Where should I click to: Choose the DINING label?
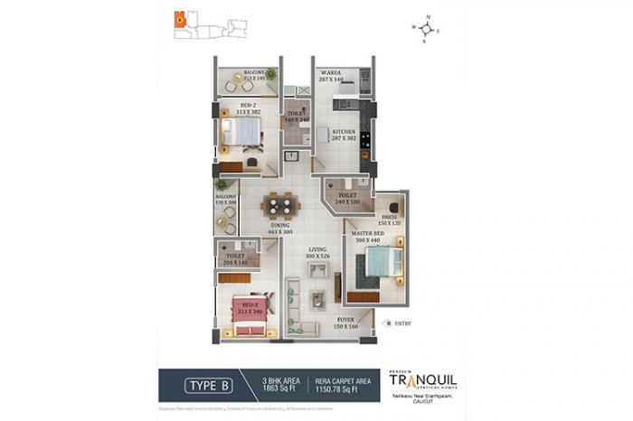click(279, 226)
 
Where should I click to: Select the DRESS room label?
click(389, 218)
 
